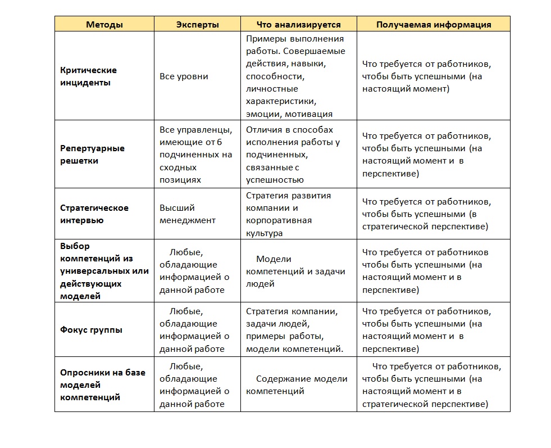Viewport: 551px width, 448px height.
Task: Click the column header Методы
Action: point(104,25)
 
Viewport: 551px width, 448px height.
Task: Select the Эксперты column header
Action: point(197,25)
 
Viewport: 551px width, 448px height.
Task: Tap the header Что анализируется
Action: point(298,25)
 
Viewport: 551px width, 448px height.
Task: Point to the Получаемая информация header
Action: point(433,25)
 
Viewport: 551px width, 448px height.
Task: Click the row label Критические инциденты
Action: point(88,76)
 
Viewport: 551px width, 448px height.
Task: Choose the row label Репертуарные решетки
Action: point(92,155)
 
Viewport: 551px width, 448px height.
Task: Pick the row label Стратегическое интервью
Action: point(94,214)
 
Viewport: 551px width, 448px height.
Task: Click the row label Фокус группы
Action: point(91,330)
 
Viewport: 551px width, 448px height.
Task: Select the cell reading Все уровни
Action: point(184,76)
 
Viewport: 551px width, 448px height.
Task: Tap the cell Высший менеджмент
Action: point(187,214)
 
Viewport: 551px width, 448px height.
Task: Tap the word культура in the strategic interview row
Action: point(264,233)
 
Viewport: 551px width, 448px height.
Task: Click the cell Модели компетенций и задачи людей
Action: point(295,271)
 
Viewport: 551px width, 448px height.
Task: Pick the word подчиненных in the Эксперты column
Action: point(187,155)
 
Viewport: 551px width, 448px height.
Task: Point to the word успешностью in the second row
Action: point(275,180)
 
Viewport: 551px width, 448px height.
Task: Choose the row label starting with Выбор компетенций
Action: point(104,271)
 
